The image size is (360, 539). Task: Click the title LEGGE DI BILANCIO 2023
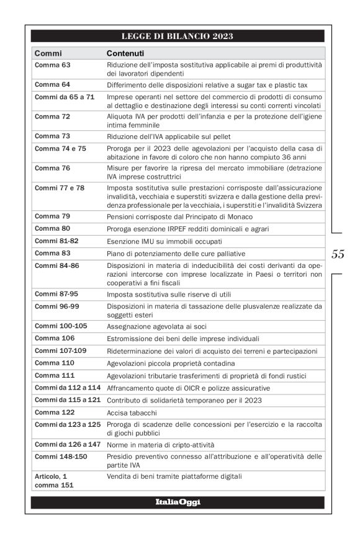177,36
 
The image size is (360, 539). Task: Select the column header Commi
48,53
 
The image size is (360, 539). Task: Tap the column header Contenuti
125,53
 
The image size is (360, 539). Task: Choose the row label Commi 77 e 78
60,187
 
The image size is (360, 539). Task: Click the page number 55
338,254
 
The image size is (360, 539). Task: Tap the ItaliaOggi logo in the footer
178,502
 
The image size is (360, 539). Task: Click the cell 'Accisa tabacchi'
132,412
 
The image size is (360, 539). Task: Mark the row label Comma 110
55,363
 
